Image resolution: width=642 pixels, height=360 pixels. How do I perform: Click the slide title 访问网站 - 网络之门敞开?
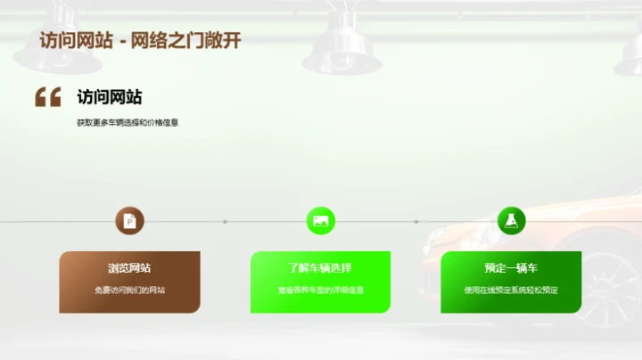[x=140, y=41]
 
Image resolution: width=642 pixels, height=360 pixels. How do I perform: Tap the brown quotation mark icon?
[x=47, y=97]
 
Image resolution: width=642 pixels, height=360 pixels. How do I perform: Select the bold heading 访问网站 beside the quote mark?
[x=109, y=97]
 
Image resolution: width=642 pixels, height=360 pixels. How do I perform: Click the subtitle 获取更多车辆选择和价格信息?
[x=128, y=123]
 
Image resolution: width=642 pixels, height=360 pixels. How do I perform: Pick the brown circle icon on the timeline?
[x=129, y=221]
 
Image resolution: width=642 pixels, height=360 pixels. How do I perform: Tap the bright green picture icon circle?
[x=320, y=221]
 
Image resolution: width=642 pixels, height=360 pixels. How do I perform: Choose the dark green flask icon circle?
[x=511, y=221]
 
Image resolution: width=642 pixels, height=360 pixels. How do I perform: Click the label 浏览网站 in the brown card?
[x=129, y=268]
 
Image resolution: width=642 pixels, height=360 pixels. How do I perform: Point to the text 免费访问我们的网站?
[x=129, y=290]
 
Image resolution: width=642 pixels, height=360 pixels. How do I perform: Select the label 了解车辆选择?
[x=320, y=268]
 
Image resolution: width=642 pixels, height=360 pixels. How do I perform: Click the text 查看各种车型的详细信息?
[x=320, y=290]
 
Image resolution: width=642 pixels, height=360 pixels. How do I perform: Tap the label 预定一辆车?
[x=511, y=268]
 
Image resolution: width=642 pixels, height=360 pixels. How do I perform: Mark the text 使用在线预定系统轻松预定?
[x=511, y=290]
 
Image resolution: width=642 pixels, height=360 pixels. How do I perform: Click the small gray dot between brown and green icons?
[x=225, y=221]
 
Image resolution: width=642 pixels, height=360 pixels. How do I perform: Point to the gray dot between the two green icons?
[x=416, y=221]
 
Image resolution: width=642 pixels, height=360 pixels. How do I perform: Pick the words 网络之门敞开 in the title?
[x=186, y=41]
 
